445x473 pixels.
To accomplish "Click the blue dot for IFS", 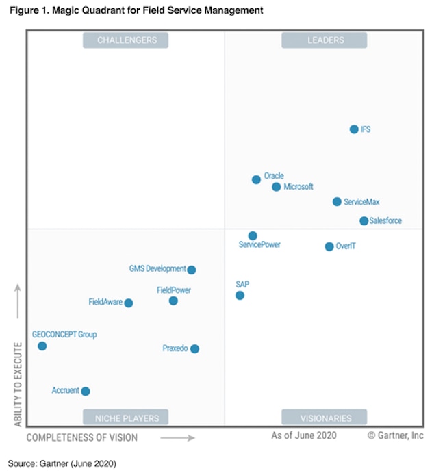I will click(354, 129).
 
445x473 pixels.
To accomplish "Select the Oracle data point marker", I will click(256, 180).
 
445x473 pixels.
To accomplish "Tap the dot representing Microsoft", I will click(277, 187).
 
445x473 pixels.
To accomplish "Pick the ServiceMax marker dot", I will click(337, 202).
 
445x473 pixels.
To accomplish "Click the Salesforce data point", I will click(364, 221).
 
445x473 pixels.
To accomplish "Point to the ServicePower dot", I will click(253, 235).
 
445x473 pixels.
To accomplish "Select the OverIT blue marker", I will click(329, 246).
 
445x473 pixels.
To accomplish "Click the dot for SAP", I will click(240, 296).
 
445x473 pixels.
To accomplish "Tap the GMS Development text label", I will click(157, 269).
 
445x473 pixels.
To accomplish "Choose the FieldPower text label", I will click(173, 290).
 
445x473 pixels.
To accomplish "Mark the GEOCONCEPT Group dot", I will click(42, 346).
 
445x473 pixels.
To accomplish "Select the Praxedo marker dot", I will click(194, 349).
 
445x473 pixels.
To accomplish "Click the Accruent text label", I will click(65, 390).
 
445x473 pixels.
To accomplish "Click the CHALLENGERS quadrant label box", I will click(126, 40).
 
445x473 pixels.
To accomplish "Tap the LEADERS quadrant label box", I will click(325, 40).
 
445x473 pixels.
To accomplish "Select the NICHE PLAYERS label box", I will click(126, 418).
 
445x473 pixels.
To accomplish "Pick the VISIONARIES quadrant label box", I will click(325, 418).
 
